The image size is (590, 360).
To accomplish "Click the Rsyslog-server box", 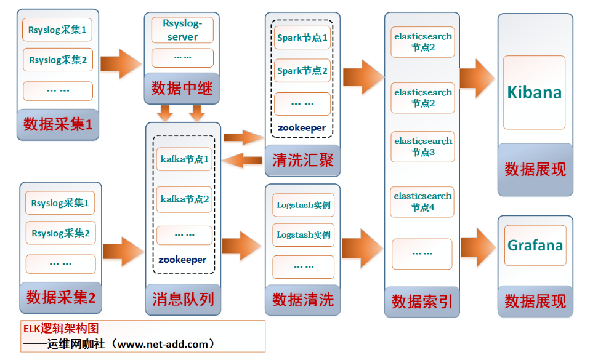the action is tap(182, 30).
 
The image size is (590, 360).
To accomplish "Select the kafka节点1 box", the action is tap(184, 159).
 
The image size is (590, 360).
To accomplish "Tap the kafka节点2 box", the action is tap(184, 199).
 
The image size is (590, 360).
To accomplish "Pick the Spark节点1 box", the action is tap(302, 38).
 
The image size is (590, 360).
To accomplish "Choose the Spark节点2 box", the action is tap(302, 71).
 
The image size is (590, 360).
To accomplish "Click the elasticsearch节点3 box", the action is tap(423, 146).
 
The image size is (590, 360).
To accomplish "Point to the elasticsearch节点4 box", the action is tap(422, 202).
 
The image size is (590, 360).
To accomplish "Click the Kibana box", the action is tap(535, 92).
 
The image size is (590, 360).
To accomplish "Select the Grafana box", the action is tap(535, 246).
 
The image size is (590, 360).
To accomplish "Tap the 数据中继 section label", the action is tap(182, 89).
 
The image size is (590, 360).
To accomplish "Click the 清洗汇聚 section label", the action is tap(303, 161).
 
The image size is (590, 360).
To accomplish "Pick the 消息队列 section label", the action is tap(184, 300).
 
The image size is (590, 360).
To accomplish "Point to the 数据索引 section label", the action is tap(422, 302).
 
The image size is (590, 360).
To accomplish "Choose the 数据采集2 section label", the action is tap(61, 298).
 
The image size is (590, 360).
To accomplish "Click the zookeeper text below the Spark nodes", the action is tap(302, 128).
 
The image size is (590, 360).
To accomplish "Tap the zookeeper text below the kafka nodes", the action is tap(182, 260).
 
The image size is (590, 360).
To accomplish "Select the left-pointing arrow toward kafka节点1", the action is tap(242, 161).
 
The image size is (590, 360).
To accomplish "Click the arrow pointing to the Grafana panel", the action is tap(479, 247).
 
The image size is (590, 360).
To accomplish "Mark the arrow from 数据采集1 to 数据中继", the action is tap(121, 63).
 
